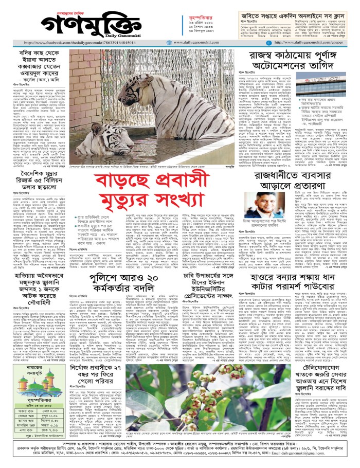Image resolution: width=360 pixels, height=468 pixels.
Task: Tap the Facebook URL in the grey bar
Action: point(92,43)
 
